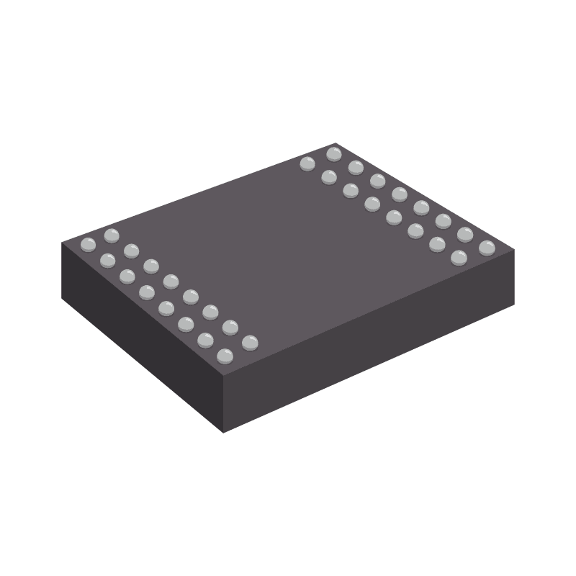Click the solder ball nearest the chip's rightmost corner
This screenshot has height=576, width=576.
[x=487, y=248]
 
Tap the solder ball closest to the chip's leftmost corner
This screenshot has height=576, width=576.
[x=88, y=244]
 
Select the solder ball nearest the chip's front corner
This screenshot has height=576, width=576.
[x=225, y=355]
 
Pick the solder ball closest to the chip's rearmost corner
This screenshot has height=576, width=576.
[x=333, y=153]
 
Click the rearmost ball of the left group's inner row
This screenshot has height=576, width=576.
[x=111, y=235]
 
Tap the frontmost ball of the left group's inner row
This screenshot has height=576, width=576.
[x=250, y=342]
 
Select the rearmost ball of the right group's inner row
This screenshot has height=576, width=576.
[x=307, y=163]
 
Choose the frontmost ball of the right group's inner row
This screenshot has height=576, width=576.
[x=459, y=257]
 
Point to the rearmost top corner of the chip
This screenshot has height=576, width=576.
[x=336, y=143]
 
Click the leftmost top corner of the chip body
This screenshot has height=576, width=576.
[x=63, y=243]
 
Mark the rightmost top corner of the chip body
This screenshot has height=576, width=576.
[x=514, y=251]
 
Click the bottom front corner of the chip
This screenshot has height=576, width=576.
[x=223, y=432]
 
